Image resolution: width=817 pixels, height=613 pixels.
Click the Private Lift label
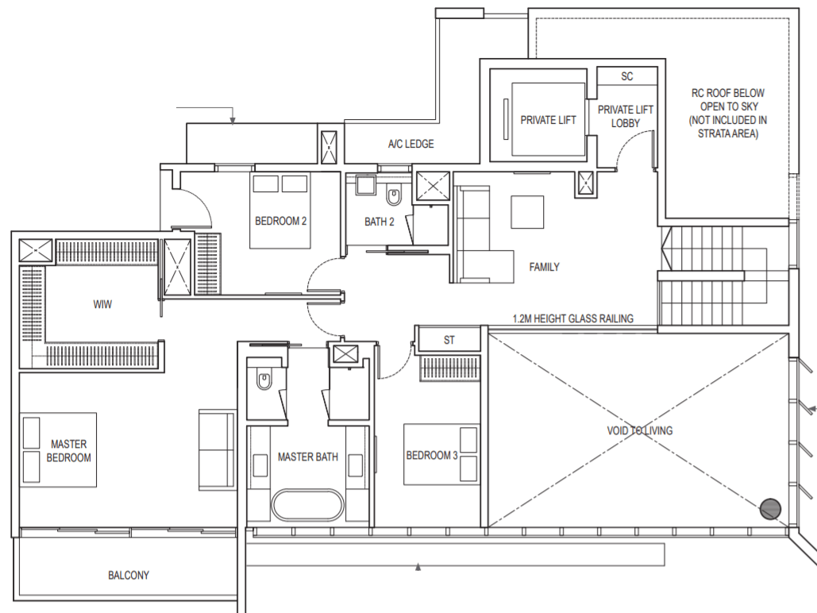tap(548, 120)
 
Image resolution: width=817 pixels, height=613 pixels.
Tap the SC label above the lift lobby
tap(626, 76)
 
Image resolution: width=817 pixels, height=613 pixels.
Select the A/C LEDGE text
tap(410, 144)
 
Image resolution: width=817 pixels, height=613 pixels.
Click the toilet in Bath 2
tap(393, 195)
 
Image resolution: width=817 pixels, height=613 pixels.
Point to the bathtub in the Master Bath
tap(307, 504)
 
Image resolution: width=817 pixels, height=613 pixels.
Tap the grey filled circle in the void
tap(771, 509)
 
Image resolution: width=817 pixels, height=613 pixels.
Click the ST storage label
tap(449, 341)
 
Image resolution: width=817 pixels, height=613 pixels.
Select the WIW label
tap(102, 304)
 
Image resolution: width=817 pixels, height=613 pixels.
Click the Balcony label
tap(128, 576)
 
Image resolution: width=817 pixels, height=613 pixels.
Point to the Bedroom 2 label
tap(280, 221)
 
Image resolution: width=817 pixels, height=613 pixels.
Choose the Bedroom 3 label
tap(431, 456)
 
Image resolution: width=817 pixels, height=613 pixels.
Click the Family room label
tap(544, 267)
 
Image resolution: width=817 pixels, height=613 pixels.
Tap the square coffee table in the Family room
tap(527, 212)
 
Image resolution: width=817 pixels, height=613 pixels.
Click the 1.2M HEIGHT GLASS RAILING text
tap(573, 318)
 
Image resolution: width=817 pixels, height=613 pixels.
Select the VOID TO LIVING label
tap(639, 430)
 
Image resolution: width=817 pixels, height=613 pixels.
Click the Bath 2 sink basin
tap(366, 186)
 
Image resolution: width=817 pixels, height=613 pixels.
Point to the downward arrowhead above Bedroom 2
tap(233, 121)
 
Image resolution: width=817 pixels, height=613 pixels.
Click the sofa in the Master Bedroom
tap(217, 450)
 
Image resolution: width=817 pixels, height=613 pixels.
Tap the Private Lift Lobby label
tap(626, 116)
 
